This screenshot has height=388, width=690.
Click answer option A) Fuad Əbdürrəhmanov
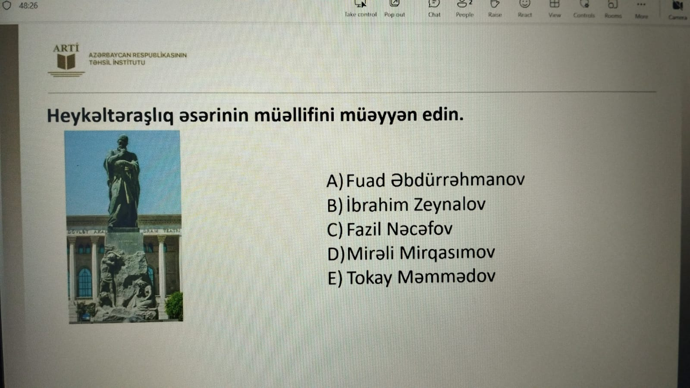click(x=425, y=180)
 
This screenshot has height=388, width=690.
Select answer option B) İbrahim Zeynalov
click(x=406, y=205)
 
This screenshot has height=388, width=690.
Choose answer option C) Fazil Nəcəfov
click(x=389, y=229)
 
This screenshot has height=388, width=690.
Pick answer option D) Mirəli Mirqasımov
click(x=411, y=253)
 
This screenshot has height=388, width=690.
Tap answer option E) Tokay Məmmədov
click(x=411, y=277)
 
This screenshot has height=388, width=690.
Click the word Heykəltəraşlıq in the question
click(x=110, y=116)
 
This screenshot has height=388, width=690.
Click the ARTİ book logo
click(x=66, y=60)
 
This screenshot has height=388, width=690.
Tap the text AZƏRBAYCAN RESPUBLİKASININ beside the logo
click(x=138, y=55)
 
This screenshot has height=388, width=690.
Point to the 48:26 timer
click(x=28, y=6)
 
